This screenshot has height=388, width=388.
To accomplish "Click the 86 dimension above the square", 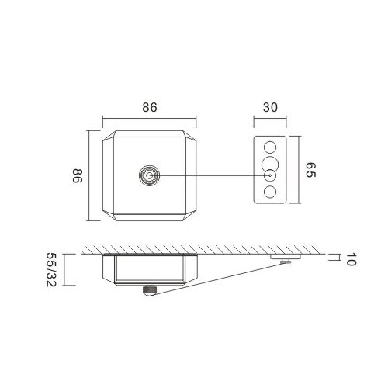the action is point(150,107).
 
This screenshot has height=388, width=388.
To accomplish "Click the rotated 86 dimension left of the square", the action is point(77,175).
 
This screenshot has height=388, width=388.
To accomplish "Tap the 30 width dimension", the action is point(270,107).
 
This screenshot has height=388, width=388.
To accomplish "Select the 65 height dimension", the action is point(310,170).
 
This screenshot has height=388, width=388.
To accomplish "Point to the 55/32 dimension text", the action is point(51,269).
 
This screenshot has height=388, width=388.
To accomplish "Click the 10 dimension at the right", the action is point(351,259).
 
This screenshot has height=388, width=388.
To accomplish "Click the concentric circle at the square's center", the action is point(149,175).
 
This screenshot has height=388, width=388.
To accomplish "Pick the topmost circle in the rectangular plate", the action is point(270,147).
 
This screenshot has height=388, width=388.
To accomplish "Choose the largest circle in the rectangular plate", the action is point(270,165).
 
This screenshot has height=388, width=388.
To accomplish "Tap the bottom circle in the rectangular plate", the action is point(270,192).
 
